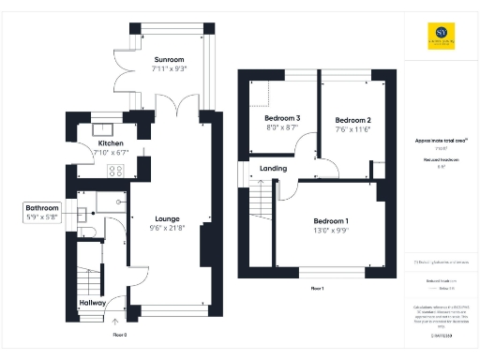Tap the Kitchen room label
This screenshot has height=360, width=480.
coord(111,143)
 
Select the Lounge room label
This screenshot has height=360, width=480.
coord(164,217)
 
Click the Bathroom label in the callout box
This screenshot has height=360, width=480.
coord(42,207)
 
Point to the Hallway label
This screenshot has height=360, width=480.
coord(92,303)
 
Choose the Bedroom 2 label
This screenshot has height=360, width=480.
coord(354,120)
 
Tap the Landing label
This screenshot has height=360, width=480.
coord(272,169)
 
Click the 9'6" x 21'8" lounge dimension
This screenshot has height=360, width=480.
coord(164,226)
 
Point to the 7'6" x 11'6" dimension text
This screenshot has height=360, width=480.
coord(354,128)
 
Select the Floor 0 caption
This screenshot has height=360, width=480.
coord(119,333)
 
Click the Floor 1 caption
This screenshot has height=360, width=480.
coord(316,288)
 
